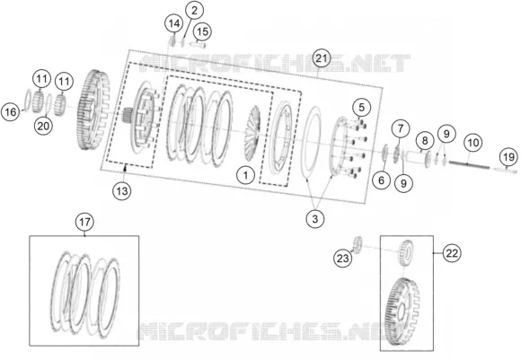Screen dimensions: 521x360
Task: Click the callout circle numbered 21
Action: coord(321,58)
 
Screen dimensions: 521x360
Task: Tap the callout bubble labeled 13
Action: coord(122,191)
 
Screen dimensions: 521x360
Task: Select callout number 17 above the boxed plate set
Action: coord(84,222)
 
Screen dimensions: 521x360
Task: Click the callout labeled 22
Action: coord(452,253)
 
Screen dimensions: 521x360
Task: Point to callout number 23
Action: coord(342,258)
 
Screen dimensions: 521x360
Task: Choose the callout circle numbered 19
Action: coord(508,157)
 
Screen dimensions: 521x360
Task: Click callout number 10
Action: coord(472,143)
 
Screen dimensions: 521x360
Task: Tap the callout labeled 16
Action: coord(10,111)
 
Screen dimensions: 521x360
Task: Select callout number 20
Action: coord(43,126)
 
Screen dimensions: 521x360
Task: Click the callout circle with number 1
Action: coord(245,175)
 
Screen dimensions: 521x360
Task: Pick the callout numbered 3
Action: coord(314,218)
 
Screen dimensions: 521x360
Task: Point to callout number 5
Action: coord(361,107)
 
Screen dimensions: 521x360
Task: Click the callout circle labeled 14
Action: coord(174,23)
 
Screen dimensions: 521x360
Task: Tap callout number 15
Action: coord(202,32)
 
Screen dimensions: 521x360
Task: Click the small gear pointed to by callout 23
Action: coord(358,245)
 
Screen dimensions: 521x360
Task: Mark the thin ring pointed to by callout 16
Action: coord(28,100)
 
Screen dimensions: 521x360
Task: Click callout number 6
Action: coord(381,180)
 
